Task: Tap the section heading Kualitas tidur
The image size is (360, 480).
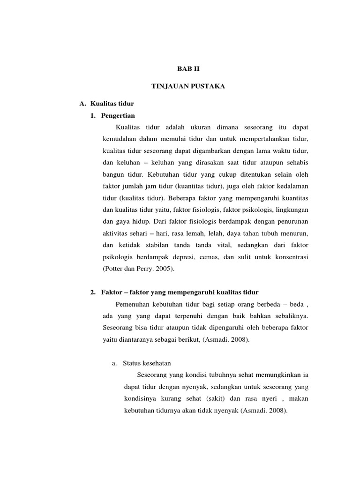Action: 112,104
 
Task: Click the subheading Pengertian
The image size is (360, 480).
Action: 120,115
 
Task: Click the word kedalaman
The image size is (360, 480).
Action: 292,186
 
